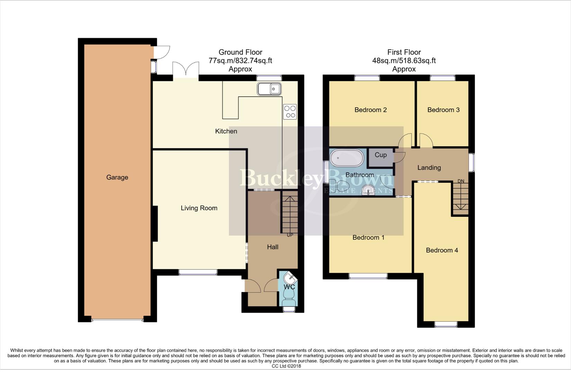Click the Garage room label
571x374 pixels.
[117, 177]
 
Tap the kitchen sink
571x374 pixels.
[269, 89]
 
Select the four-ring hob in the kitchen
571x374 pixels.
[290, 112]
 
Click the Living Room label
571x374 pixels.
[199, 208]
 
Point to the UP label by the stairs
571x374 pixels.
[290, 235]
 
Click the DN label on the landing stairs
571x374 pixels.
[461, 181]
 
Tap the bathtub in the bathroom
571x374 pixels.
[347, 158]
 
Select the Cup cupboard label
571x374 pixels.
[380, 155]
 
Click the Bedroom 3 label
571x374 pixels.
[443, 110]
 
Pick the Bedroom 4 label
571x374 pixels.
[441, 250]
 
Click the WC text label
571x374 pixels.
[289, 287]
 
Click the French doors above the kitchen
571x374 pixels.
[186, 69]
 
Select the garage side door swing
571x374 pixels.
[161, 52]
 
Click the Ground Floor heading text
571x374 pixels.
[240, 52]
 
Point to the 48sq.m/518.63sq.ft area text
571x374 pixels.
[404, 61]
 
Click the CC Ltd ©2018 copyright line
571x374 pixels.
[286, 366]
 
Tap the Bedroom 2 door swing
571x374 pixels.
[404, 140]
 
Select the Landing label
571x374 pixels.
[429, 168]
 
